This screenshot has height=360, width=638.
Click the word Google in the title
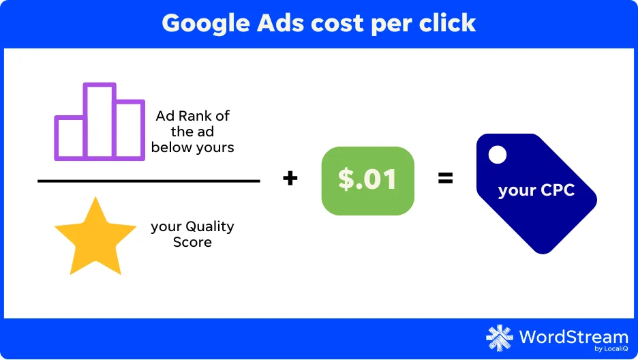(206, 24)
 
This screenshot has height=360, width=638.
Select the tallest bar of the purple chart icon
(100, 121)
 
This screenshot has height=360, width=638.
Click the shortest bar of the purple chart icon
(70, 138)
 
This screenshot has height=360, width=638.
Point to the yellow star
(95, 237)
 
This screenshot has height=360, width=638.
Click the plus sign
(290, 178)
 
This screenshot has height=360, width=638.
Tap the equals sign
(446, 178)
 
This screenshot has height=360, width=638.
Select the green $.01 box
(368, 181)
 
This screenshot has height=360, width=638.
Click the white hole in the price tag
(497, 155)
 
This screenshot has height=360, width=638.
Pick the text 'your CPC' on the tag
(536, 190)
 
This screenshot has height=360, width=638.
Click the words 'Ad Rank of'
(192, 116)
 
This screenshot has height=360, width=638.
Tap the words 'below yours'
(192, 147)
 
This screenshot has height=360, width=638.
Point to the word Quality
(209, 226)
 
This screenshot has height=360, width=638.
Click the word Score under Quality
(192, 242)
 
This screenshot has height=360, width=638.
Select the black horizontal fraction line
(149, 181)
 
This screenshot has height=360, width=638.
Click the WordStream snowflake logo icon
(500, 338)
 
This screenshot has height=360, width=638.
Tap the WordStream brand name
(574, 337)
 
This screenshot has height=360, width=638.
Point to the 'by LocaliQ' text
(611, 348)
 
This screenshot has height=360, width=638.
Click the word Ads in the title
(280, 22)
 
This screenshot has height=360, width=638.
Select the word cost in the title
(337, 24)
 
